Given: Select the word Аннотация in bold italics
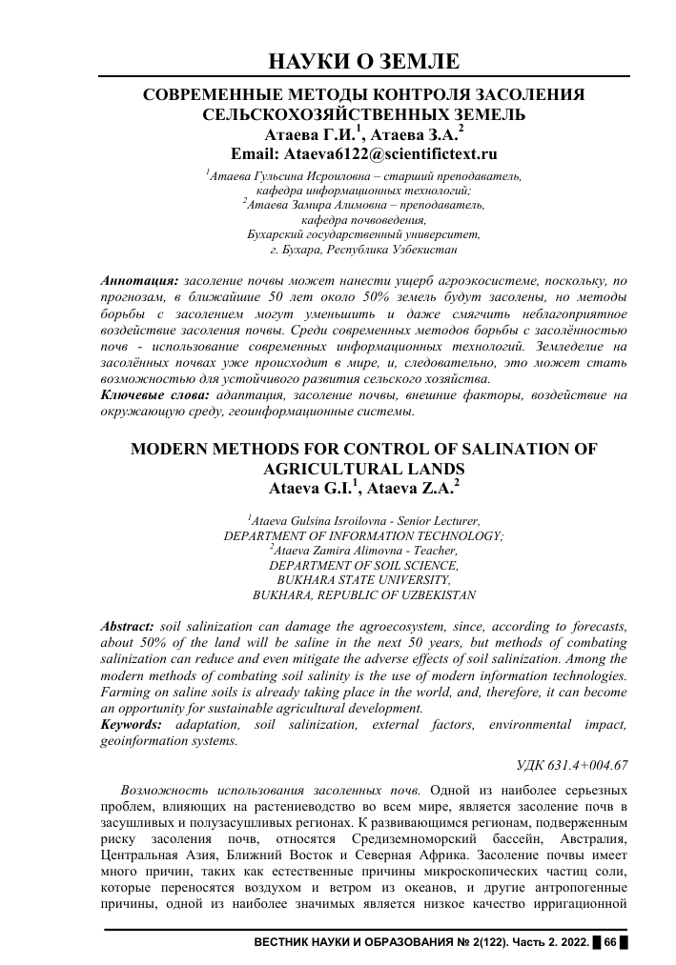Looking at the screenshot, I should pyautogui.click(x=139, y=282).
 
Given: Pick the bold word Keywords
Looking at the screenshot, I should pyautogui.click(x=131, y=725).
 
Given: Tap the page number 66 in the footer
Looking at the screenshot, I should pyautogui.click(x=611, y=942).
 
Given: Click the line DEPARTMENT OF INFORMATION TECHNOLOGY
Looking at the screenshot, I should pyautogui.click(x=363, y=535).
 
